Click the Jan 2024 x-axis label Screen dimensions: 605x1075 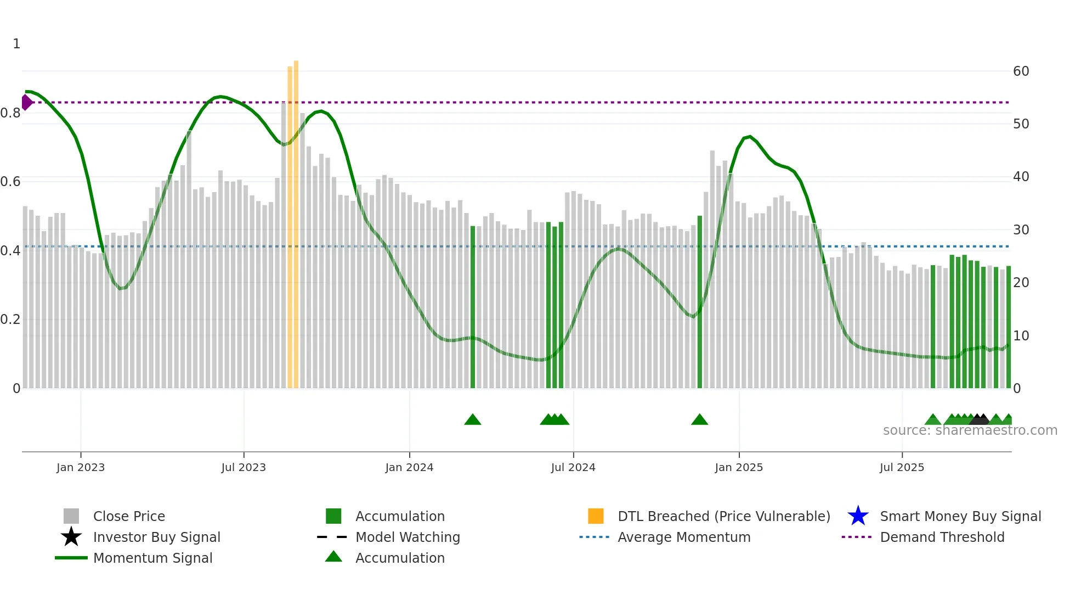pyautogui.click(x=409, y=467)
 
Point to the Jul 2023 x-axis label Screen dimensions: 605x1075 pyautogui.click(x=244, y=467)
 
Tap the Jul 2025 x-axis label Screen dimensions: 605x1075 pyautogui.click(x=902, y=467)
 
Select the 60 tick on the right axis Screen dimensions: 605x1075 pyautogui.click(x=1021, y=71)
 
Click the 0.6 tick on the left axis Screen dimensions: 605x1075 pyautogui.click(x=10, y=182)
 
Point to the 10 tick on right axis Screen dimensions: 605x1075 pyautogui.click(x=1021, y=336)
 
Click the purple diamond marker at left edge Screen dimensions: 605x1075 pyautogui.click(x=26, y=102)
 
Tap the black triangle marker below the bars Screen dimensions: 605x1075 pyautogui.click(x=980, y=419)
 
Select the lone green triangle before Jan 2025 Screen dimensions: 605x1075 pyautogui.click(x=699, y=420)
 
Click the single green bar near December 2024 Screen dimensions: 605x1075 pyautogui.click(x=700, y=302)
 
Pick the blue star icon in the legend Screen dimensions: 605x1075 pyautogui.click(x=858, y=516)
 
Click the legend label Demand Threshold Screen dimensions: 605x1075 pyautogui.click(x=942, y=537)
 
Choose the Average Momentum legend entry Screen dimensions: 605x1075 pyautogui.click(x=683, y=537)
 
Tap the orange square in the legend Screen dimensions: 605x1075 pyautogui.click(x=596, y=516)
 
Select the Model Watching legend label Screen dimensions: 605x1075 pyautogui.click(x=408, y=537)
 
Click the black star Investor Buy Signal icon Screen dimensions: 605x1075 pyautogui.click(x=71, y=537)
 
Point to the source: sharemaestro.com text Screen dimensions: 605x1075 pyautogui.click(x=970, y=430)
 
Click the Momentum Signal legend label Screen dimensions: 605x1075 pyautogui.click(x=152, y=558)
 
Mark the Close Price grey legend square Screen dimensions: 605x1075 pyautogui.click(x=71, y=516)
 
